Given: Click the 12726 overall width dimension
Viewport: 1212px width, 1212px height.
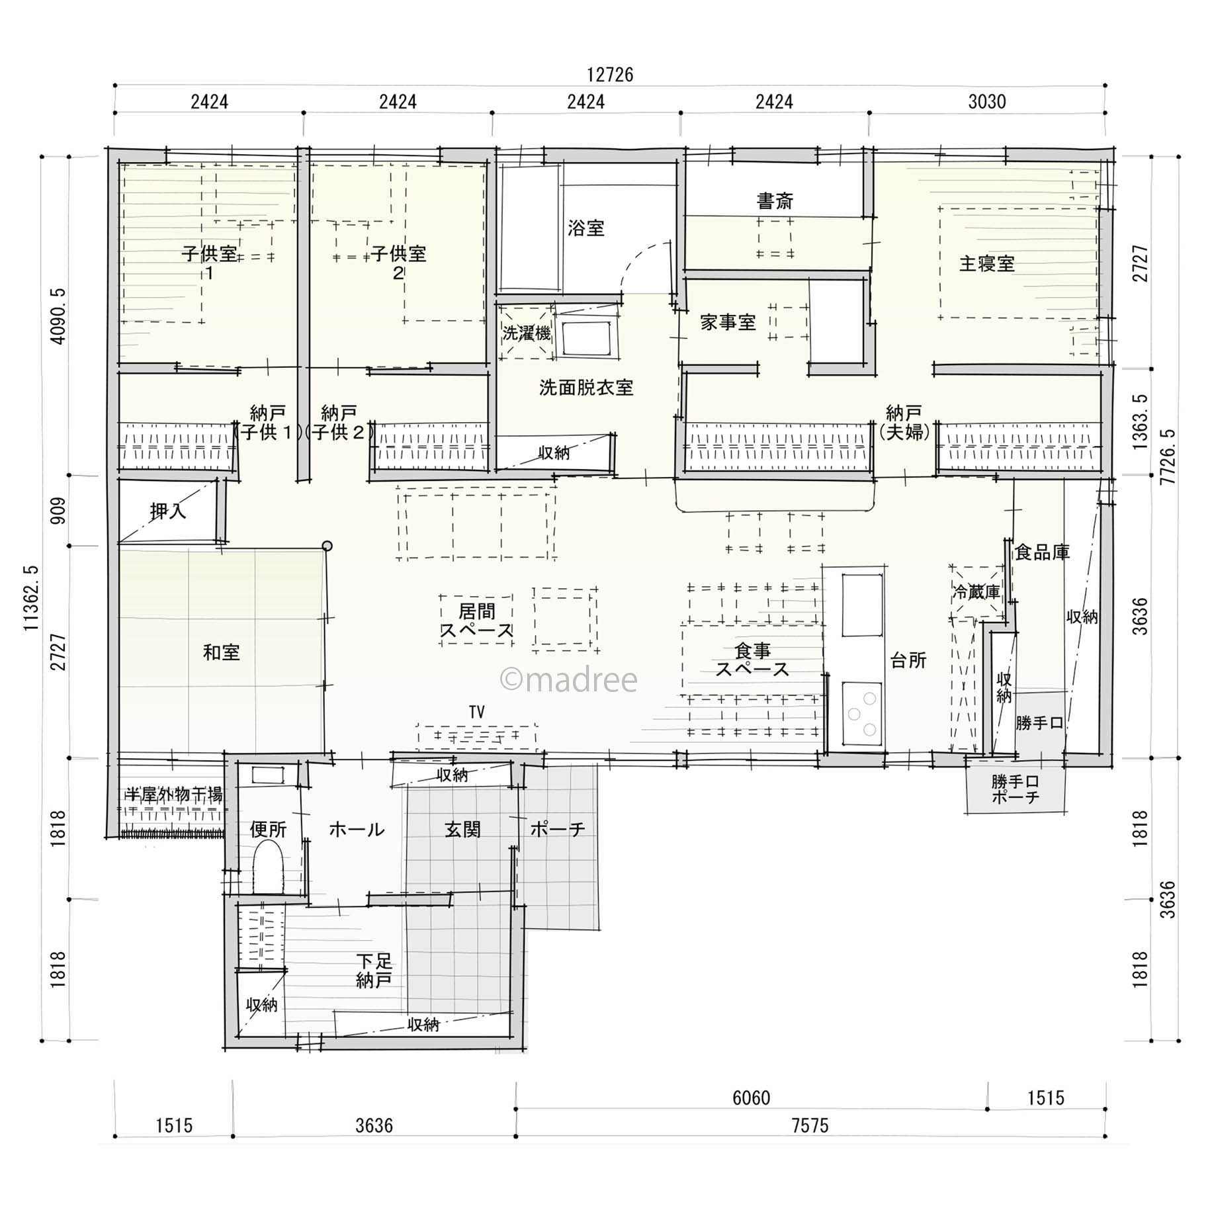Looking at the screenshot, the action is (x=610, y=75).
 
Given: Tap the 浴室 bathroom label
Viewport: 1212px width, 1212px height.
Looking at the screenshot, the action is (x=586, y=228).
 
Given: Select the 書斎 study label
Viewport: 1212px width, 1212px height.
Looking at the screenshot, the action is (x=775, y=200).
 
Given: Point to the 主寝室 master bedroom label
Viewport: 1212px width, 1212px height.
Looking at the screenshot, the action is (x=987, y=264).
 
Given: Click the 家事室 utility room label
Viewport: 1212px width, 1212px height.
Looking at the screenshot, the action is (x=728, y=322).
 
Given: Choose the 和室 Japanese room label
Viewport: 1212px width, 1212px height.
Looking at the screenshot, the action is (x=222, y=652).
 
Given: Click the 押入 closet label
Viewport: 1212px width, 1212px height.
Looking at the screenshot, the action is (x=168, y=511).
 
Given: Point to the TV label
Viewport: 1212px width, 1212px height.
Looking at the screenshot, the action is (x=476, y=712).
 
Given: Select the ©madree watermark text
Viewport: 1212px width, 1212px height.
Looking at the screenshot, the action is (x=569, y=679).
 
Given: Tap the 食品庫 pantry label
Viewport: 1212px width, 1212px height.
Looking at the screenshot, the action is (x=1043, y=552).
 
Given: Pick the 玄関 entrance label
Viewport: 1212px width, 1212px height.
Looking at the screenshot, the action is (x=462, y=829).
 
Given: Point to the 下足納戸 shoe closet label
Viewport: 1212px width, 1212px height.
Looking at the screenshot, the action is (x=374, y=971).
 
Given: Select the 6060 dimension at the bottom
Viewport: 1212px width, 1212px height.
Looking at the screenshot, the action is (x=752, y=1098).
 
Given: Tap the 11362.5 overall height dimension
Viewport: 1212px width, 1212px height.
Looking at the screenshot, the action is (x=32, y=597).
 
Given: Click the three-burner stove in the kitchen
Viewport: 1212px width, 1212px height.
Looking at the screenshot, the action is (x=862, y=713).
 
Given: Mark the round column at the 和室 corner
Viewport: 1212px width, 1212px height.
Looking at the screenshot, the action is (x=327, y=546).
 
